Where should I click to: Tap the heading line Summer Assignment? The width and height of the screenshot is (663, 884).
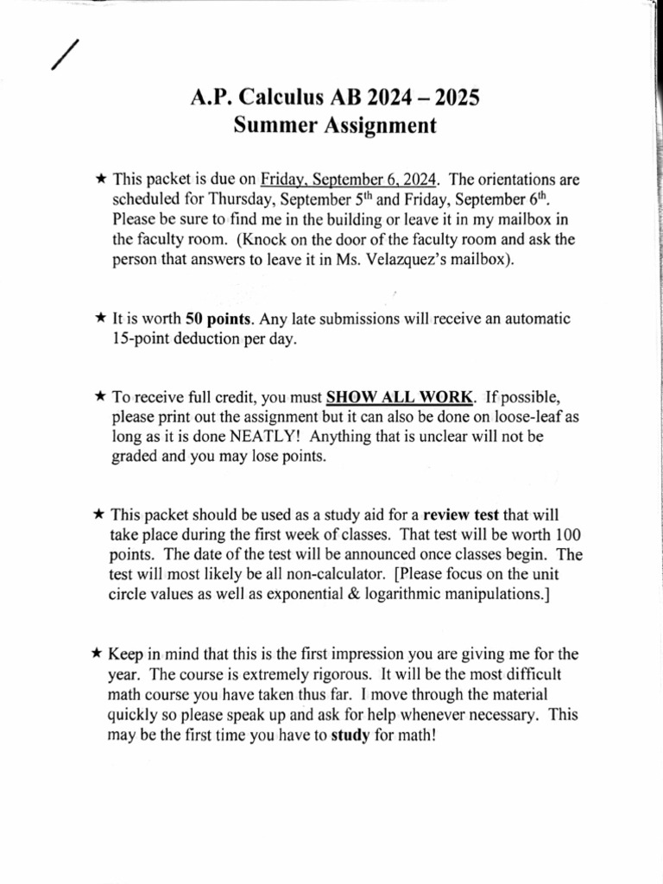click(335, 126)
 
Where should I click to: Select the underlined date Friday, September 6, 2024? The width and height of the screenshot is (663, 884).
click(350, 180)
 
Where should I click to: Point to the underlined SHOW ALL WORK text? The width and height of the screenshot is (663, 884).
click(400, 397)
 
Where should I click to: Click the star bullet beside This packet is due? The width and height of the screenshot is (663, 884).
click(100, 180)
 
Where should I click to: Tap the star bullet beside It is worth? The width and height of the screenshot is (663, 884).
click(100, 319)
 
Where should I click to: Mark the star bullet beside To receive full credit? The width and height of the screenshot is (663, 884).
click(100, 397)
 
